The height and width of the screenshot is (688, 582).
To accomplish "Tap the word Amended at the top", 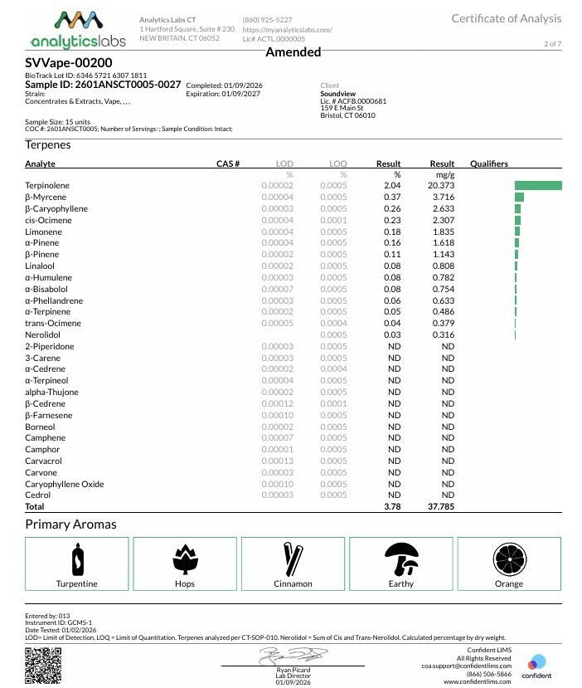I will [x=293, y=52].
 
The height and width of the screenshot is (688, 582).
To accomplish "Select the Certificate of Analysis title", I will [x=506, y=18].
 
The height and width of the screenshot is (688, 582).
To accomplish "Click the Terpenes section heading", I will [x=48, y=144].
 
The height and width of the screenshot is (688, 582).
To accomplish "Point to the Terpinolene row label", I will [x=47, y=186].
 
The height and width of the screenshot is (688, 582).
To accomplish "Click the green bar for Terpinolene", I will [x=538, y=186].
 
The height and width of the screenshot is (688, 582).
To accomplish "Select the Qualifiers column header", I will [x=488, y=164].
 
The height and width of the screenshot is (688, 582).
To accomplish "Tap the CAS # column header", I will [x=228, y=164].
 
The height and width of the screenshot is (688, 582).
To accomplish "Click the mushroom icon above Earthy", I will [x=401, y=559].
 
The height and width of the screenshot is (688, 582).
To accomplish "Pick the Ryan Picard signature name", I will [x=293, y=670].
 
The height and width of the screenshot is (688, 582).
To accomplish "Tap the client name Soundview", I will [x=337, y=94].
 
